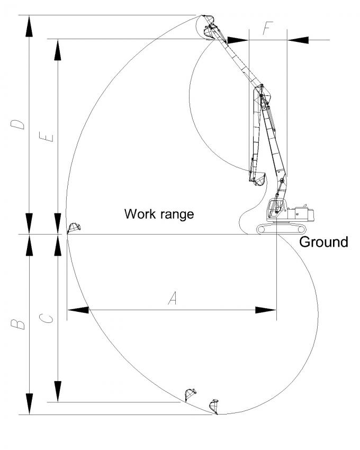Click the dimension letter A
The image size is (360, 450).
pyautogui.click(x=172, y=299)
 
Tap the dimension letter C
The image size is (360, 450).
pyautogui.click(x=47, y=318)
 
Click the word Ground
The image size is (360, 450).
pyautogui.click(x=324, y=242)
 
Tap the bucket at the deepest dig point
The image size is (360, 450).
pyautogui.click(x=214, y=407)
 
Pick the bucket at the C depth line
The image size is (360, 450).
pyautogui.click(x=190, y=394)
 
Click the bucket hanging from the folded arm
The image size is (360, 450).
pyautogui.click(x=258, y=178)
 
